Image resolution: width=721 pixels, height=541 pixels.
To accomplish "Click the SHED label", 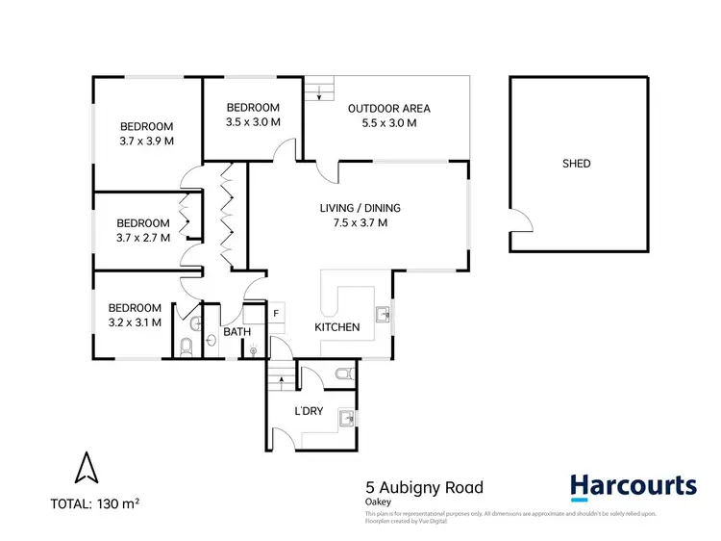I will point(576,164).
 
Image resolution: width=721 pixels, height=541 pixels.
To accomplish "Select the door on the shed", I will point(520,220).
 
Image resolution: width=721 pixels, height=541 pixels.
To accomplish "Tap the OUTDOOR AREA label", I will point(388,108).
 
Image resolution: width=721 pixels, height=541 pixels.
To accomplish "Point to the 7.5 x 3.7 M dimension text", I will point(360,223).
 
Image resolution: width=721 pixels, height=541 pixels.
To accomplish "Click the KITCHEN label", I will point(337,327).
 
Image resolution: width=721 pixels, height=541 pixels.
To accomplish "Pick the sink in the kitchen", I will point(383,312).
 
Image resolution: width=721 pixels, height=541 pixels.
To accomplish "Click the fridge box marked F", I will point(276,313).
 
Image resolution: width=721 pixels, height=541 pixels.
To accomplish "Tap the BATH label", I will point(236,332).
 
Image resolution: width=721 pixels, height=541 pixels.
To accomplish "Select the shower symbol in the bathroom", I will point(253,350).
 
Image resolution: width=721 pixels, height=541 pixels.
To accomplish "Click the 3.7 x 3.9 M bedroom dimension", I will point(146,141).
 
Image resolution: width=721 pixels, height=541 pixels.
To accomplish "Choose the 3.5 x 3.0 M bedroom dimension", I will point(253,122).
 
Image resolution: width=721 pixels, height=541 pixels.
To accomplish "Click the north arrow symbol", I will point(87,469).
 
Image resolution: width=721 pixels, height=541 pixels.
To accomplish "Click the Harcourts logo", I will point(633,487).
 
